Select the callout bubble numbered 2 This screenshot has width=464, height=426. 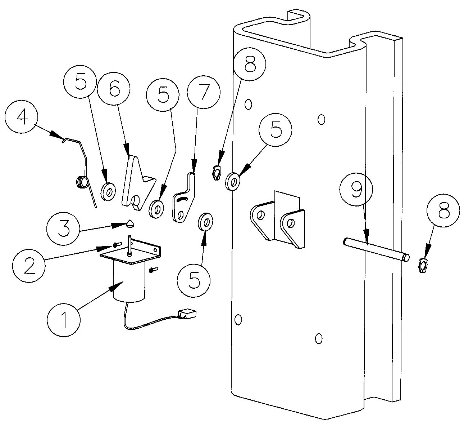click(29, 265)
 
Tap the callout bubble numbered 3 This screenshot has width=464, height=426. click(63, 228)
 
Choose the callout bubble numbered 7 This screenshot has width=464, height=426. click(203, 92)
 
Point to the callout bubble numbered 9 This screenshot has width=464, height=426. click(356, 189)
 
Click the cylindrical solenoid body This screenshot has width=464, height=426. click(129, 282)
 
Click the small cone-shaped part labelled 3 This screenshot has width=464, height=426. click(131, 224)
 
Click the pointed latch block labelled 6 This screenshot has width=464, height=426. click(138, 183)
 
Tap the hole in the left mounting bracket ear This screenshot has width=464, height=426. click(261, 215)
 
